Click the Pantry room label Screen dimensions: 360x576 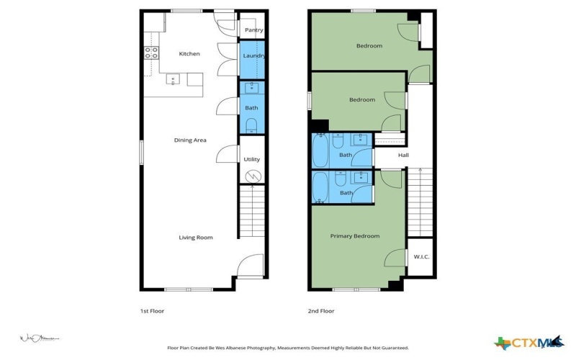pos(253,30)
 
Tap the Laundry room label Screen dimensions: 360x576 pos(254,56)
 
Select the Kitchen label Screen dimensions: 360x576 pos(189,54)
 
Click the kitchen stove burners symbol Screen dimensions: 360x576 pos(151,53)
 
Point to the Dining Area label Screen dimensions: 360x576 pos(190,140)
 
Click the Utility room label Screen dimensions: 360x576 pos(252,160)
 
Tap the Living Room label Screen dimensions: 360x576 pos(196,238)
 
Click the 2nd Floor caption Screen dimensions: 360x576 pos(320,311)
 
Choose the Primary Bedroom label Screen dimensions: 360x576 pos(355,236)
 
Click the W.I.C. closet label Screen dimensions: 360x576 pos(420,257)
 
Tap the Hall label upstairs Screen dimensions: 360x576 pos(403,155)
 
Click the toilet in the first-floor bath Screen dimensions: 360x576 pos(251,126)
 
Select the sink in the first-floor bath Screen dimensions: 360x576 pos(251,89)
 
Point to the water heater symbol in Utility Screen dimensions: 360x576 pos(253,176)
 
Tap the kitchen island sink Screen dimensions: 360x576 pos(174,79)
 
